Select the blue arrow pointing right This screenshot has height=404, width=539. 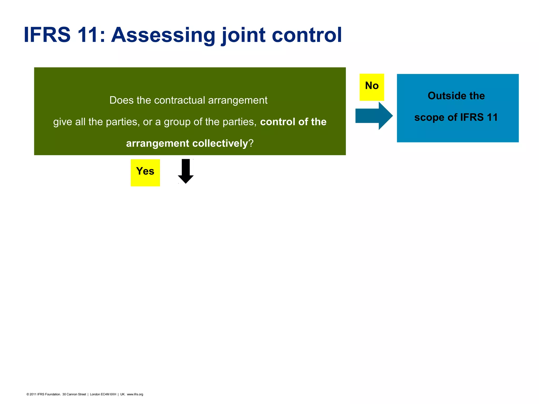374,116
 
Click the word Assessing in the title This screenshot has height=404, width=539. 163,35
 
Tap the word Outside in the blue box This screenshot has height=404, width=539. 445,96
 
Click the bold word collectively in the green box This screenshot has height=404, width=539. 220,143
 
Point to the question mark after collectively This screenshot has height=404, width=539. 251,143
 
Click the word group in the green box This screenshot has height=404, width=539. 177,122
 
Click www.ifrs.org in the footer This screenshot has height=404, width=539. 135,394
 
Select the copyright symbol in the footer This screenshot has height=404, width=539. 28,394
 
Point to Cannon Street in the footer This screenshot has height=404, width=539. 76,394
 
